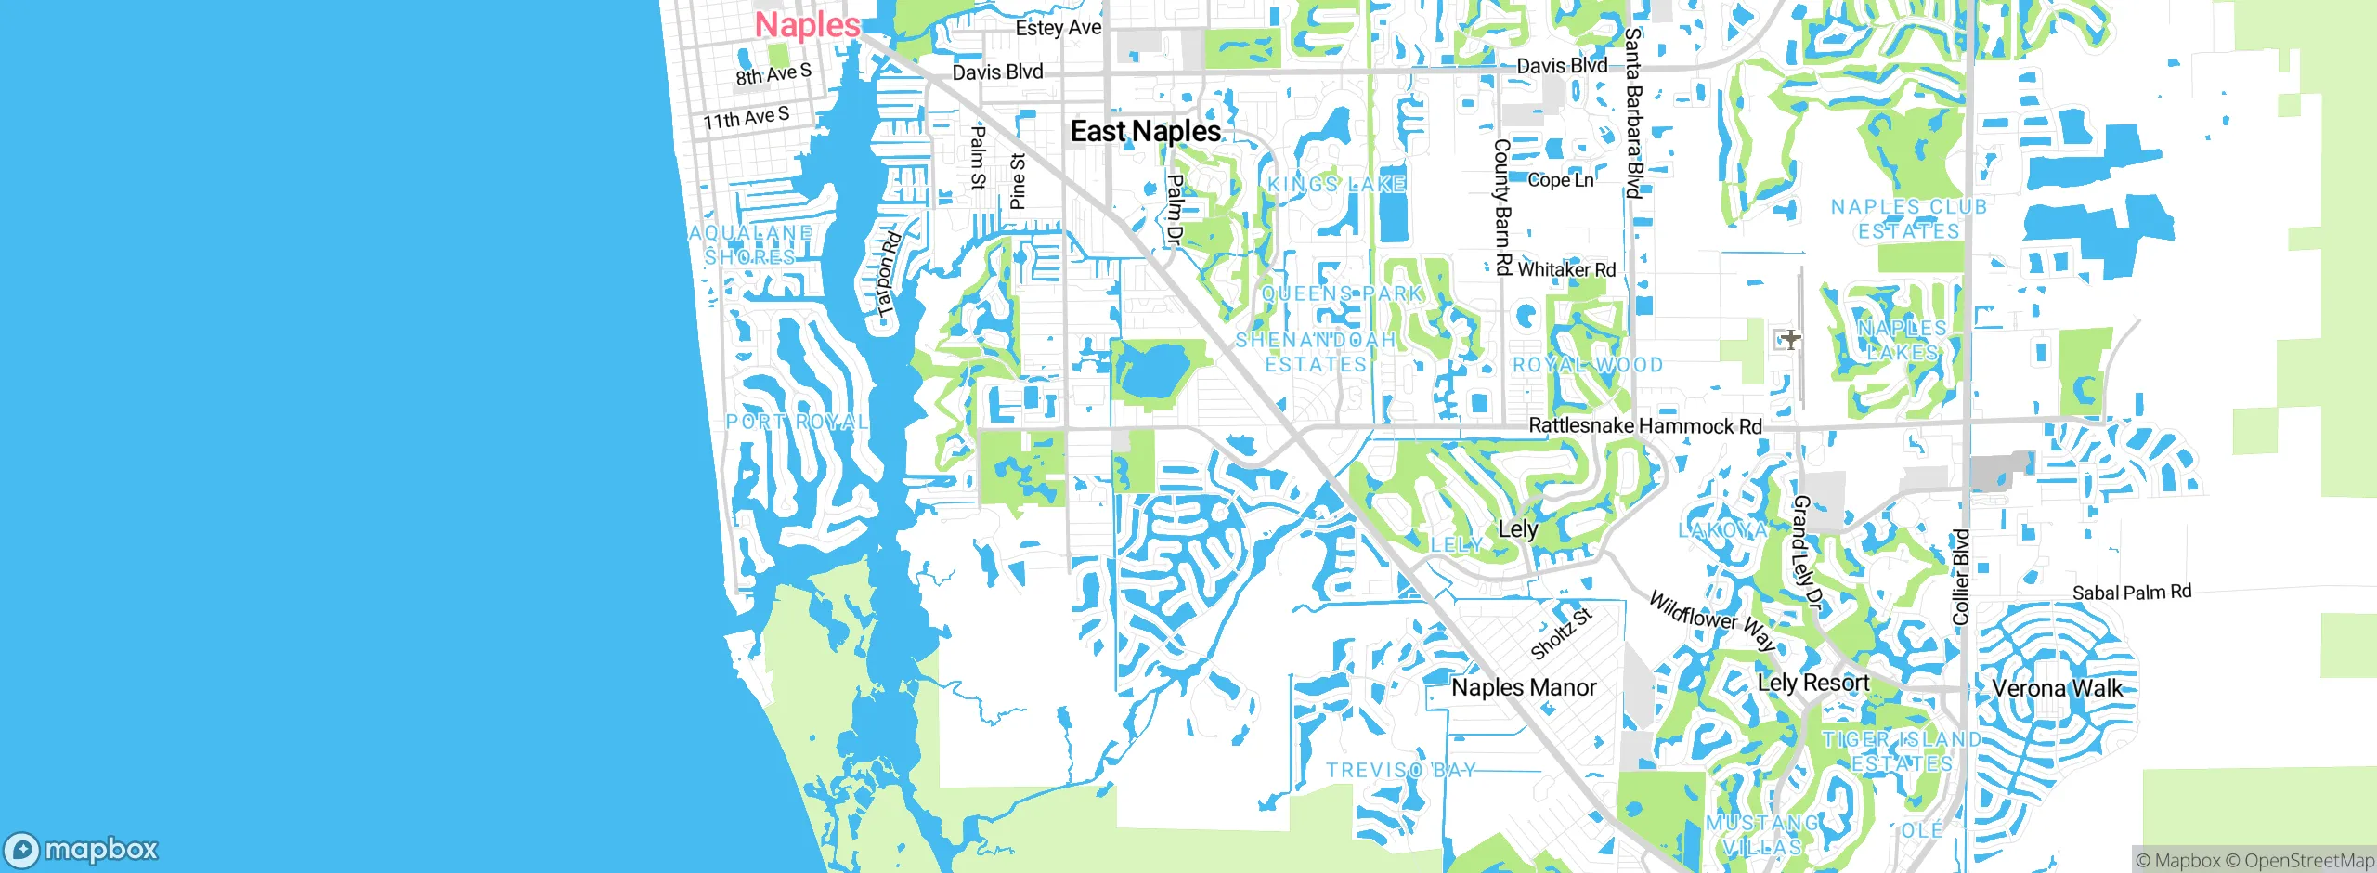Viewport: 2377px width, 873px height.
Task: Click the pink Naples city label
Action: click(807, 24)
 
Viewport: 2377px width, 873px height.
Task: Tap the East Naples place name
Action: click(1145, 131)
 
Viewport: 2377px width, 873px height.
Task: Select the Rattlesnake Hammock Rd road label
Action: click(1644, 425)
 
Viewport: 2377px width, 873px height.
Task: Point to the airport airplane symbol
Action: click(1790, 339)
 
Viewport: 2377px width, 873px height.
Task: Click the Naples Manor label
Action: click(1524, 687)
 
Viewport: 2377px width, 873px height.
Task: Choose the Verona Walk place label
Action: click(2058, 688)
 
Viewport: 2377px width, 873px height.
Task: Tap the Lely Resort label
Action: click(1812, 683)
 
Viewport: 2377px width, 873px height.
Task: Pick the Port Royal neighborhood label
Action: click(797, 422)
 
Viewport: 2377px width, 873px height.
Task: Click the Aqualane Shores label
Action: click(750, 244)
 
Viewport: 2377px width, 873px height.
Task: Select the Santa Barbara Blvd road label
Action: click(1633, 112)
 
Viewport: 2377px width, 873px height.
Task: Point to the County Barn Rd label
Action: click(1501, 206)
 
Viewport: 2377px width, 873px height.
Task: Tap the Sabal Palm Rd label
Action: click(2132, 593)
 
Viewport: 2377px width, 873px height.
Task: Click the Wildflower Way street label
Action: click(1712, 620)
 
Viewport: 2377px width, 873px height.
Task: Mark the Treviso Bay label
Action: click(1400, 770)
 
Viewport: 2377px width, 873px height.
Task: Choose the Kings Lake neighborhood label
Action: click(1336, 184)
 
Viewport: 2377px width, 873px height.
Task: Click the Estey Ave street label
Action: click(1058, 28)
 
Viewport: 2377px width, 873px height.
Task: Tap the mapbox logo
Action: click(82, 849)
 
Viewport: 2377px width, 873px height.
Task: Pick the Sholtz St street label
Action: click(1560, 633)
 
